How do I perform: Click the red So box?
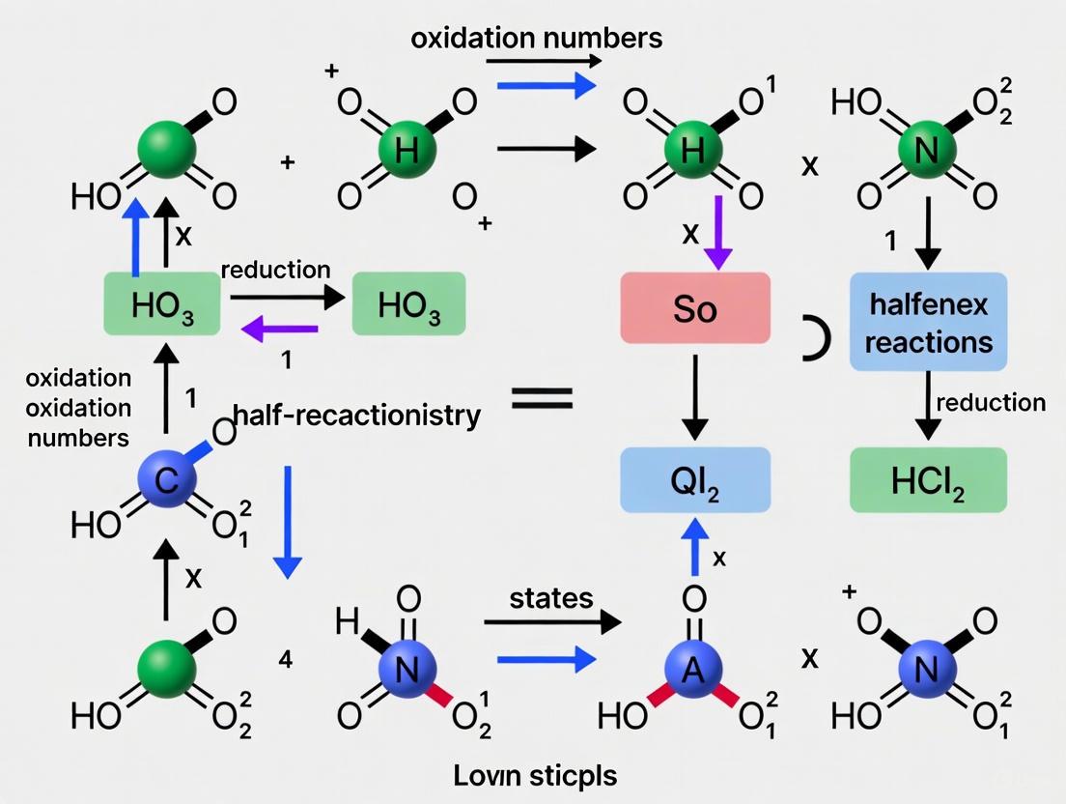694,308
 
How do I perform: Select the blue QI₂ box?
694,480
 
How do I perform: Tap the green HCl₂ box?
928,480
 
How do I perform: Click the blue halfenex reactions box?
928,322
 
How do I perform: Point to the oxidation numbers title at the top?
536,38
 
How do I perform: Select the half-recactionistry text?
357,416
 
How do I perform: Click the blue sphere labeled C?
166,480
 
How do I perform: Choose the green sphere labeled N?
928,150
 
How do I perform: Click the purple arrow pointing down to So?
716,233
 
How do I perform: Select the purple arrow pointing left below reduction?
279,331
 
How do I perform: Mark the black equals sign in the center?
541,397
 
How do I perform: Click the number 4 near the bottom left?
286,660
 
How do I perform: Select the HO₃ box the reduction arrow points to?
409,304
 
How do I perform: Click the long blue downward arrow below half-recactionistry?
287,522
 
